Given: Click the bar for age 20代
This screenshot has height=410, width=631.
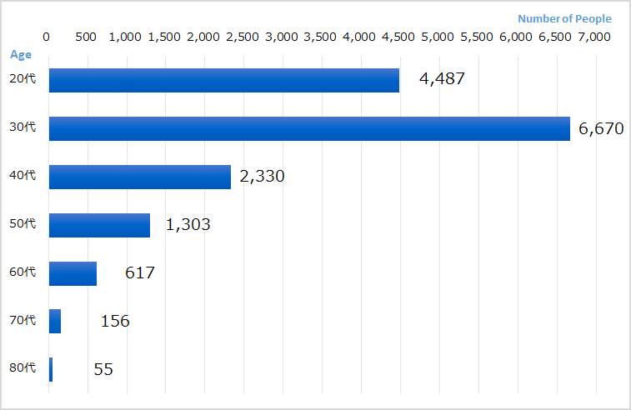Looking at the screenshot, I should coord(223,80).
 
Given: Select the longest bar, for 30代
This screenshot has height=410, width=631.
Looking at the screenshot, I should coord(309,128).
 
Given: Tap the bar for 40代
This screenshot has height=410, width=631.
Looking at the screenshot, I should coord(140,177).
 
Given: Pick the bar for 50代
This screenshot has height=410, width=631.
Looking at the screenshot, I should coord(99,225).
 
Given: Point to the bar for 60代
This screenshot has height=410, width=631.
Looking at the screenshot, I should coord(73,273).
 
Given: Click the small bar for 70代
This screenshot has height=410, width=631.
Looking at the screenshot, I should coord(55,321).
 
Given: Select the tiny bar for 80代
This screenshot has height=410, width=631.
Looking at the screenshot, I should coord(51,369).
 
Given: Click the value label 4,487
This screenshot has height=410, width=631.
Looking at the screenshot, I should coord(441,79).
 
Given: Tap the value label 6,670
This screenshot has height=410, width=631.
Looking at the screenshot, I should coord(600,128).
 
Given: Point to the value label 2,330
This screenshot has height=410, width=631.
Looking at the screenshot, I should coord(262,177).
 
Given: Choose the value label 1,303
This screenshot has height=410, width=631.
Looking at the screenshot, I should coord(188,225).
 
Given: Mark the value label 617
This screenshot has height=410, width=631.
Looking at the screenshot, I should coord(140,272).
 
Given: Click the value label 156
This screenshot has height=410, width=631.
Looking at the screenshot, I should coord(115,321).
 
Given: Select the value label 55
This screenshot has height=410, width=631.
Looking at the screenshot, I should coord(103,369).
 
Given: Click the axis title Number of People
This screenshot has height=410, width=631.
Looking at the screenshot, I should coord(564,18).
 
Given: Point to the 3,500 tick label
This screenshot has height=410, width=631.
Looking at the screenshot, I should coord(320,37).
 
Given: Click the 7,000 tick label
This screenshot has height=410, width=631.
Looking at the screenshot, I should coord(594,37).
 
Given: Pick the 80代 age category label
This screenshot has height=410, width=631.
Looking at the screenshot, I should coord(23,368).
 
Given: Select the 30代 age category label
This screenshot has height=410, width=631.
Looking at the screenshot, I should coord(23,127).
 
